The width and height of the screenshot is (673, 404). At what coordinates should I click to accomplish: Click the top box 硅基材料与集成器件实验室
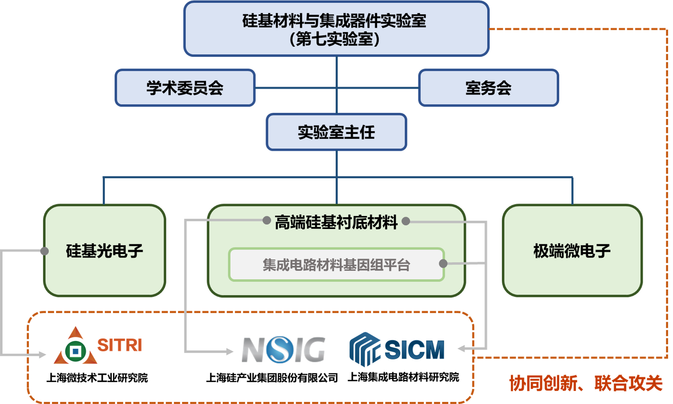click(336, 29)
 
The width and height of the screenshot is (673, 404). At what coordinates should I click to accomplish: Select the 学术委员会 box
click(185, 88)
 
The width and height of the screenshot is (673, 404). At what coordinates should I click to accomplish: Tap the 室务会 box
click(488, 88)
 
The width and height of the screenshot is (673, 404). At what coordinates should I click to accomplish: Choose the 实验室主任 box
click(336, 132)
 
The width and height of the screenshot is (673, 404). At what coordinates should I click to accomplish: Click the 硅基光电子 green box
click(105, 250)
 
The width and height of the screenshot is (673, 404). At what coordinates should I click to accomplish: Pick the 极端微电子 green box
click(572, 250)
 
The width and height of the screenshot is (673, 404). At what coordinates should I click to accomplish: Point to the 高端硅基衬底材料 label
click(336, 222)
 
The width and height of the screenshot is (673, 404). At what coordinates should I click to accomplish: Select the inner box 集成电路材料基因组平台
click(336, 265)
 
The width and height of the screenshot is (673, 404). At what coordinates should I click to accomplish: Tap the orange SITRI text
click(120, 345)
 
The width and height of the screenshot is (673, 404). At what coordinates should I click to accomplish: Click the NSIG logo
click(284, 350)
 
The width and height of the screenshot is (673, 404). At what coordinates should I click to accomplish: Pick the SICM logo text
click(414, 350)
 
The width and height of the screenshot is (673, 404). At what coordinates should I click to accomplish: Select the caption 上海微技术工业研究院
click(97, 377)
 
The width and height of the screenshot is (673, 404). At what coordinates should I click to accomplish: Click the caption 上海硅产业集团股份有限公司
click(272, 377)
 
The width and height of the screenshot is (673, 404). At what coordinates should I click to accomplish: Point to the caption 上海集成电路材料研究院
click(403, 377)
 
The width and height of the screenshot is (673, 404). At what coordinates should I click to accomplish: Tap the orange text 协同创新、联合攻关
click(586, 383)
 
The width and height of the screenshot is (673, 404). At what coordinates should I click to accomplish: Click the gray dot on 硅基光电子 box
click(45, 251)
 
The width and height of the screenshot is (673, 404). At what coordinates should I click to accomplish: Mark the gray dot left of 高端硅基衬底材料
click(266, 221)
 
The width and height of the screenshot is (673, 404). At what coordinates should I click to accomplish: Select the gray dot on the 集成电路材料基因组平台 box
click(443, 263)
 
